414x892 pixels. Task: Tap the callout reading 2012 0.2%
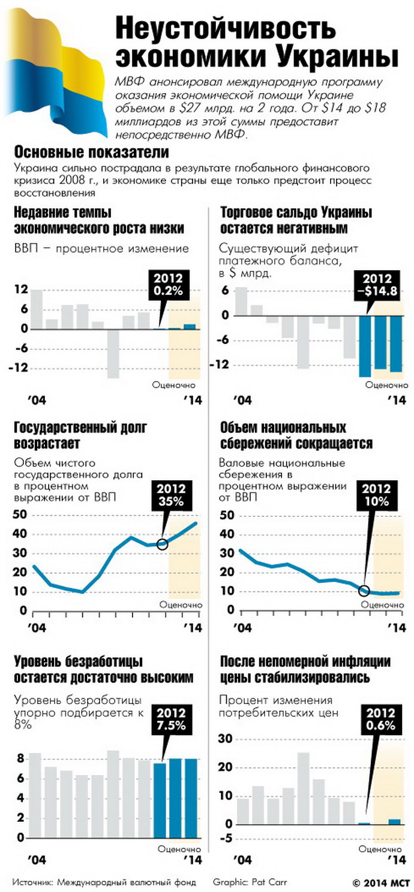coord(170,284)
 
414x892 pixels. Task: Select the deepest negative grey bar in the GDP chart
coord(113,354)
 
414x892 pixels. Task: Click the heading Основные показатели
coord(91,151)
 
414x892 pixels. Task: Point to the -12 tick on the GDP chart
coord(19,367)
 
